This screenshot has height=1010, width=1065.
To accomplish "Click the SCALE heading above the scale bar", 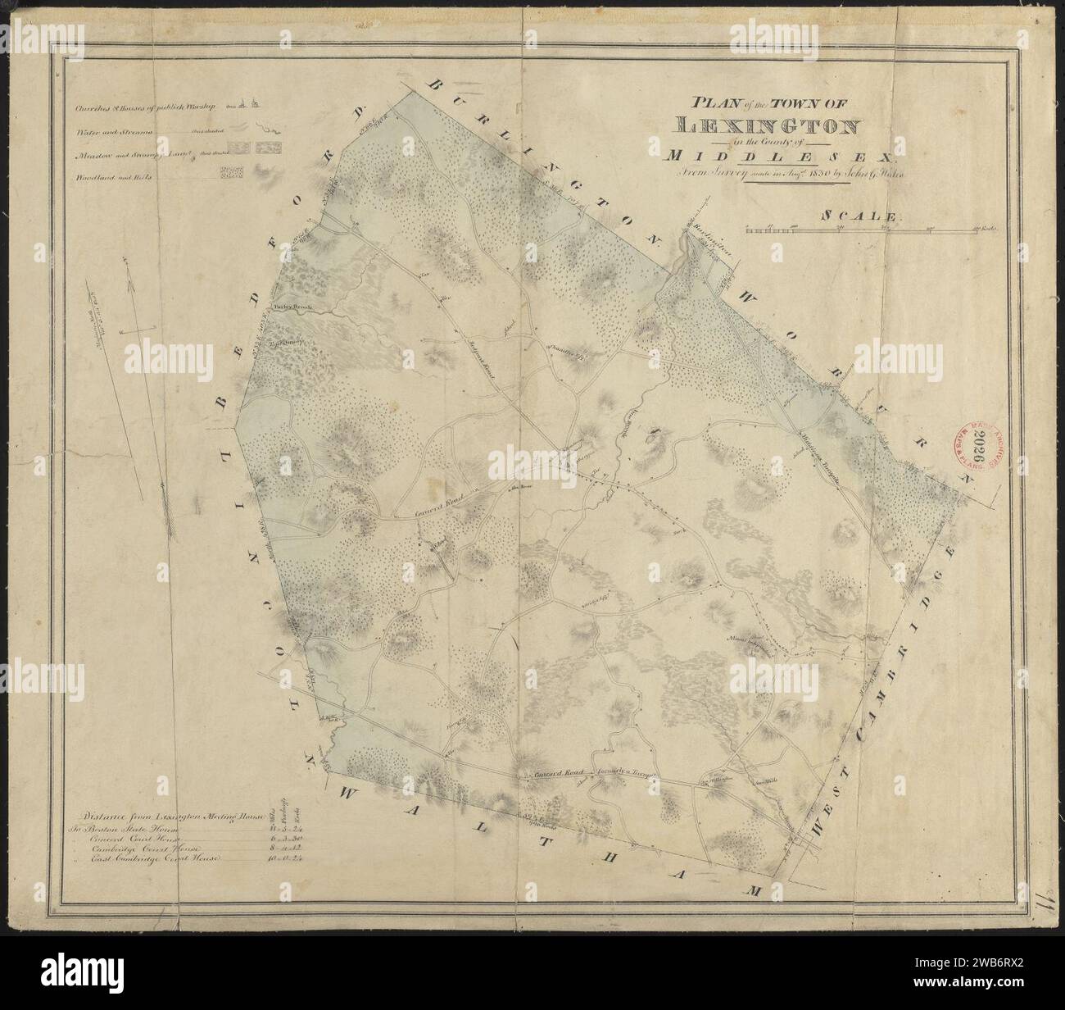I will pos(860,216).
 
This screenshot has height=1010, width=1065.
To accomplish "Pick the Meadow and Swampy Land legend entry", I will pos(123,152).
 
